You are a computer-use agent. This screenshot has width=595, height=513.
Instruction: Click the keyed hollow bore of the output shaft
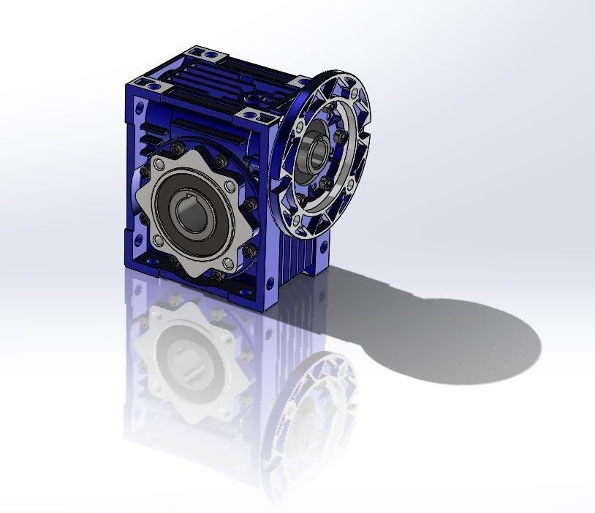coord(192,213)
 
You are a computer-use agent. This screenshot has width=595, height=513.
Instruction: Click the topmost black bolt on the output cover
coord(176,149)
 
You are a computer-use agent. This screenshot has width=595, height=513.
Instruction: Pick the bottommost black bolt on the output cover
coord(217,275)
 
